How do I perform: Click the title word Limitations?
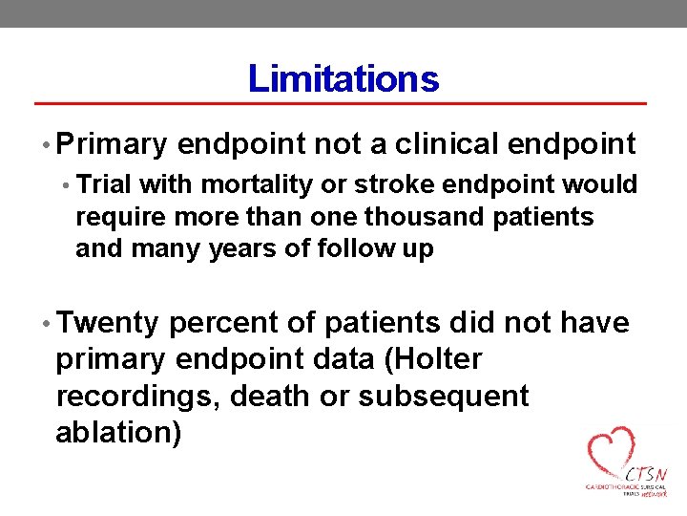tap(343, 78)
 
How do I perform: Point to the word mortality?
tap(243, 183)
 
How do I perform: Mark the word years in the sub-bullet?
tap(243, 249)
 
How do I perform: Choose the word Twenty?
tap(107, 324)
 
